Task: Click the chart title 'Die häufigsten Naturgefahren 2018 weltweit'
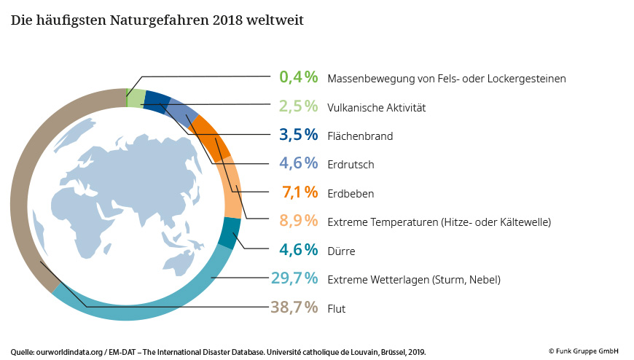[x=157, y=20]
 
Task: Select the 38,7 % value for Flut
[x=294, y=308]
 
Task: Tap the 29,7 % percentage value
[x=294, y=278]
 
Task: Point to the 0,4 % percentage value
[x=299, y=77]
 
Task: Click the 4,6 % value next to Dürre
[x=299, y=250]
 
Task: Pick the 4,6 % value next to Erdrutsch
[x=299, y=163]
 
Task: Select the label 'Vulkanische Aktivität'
[x=376, y=107]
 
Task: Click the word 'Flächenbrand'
[x=360, y=136]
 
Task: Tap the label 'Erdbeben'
[x=351, y=194]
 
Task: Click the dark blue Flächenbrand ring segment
[x=157, y=101]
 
